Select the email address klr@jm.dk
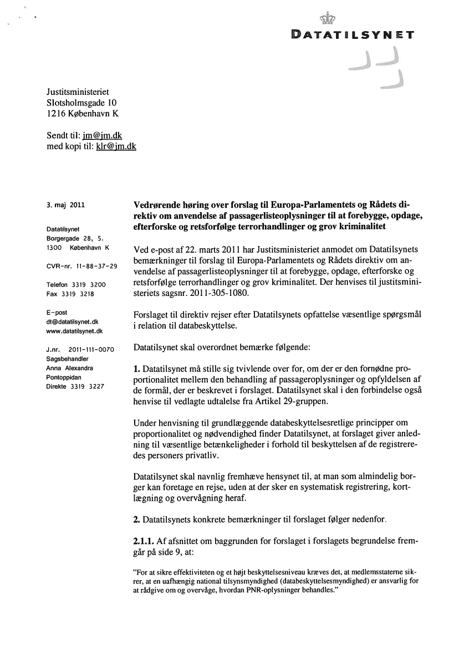coord(116,147)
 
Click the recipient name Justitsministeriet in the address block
coord(78,91)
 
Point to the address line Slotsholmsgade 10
coord(81,103)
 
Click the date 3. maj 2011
coord(66,204)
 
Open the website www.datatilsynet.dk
coord(75,331)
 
